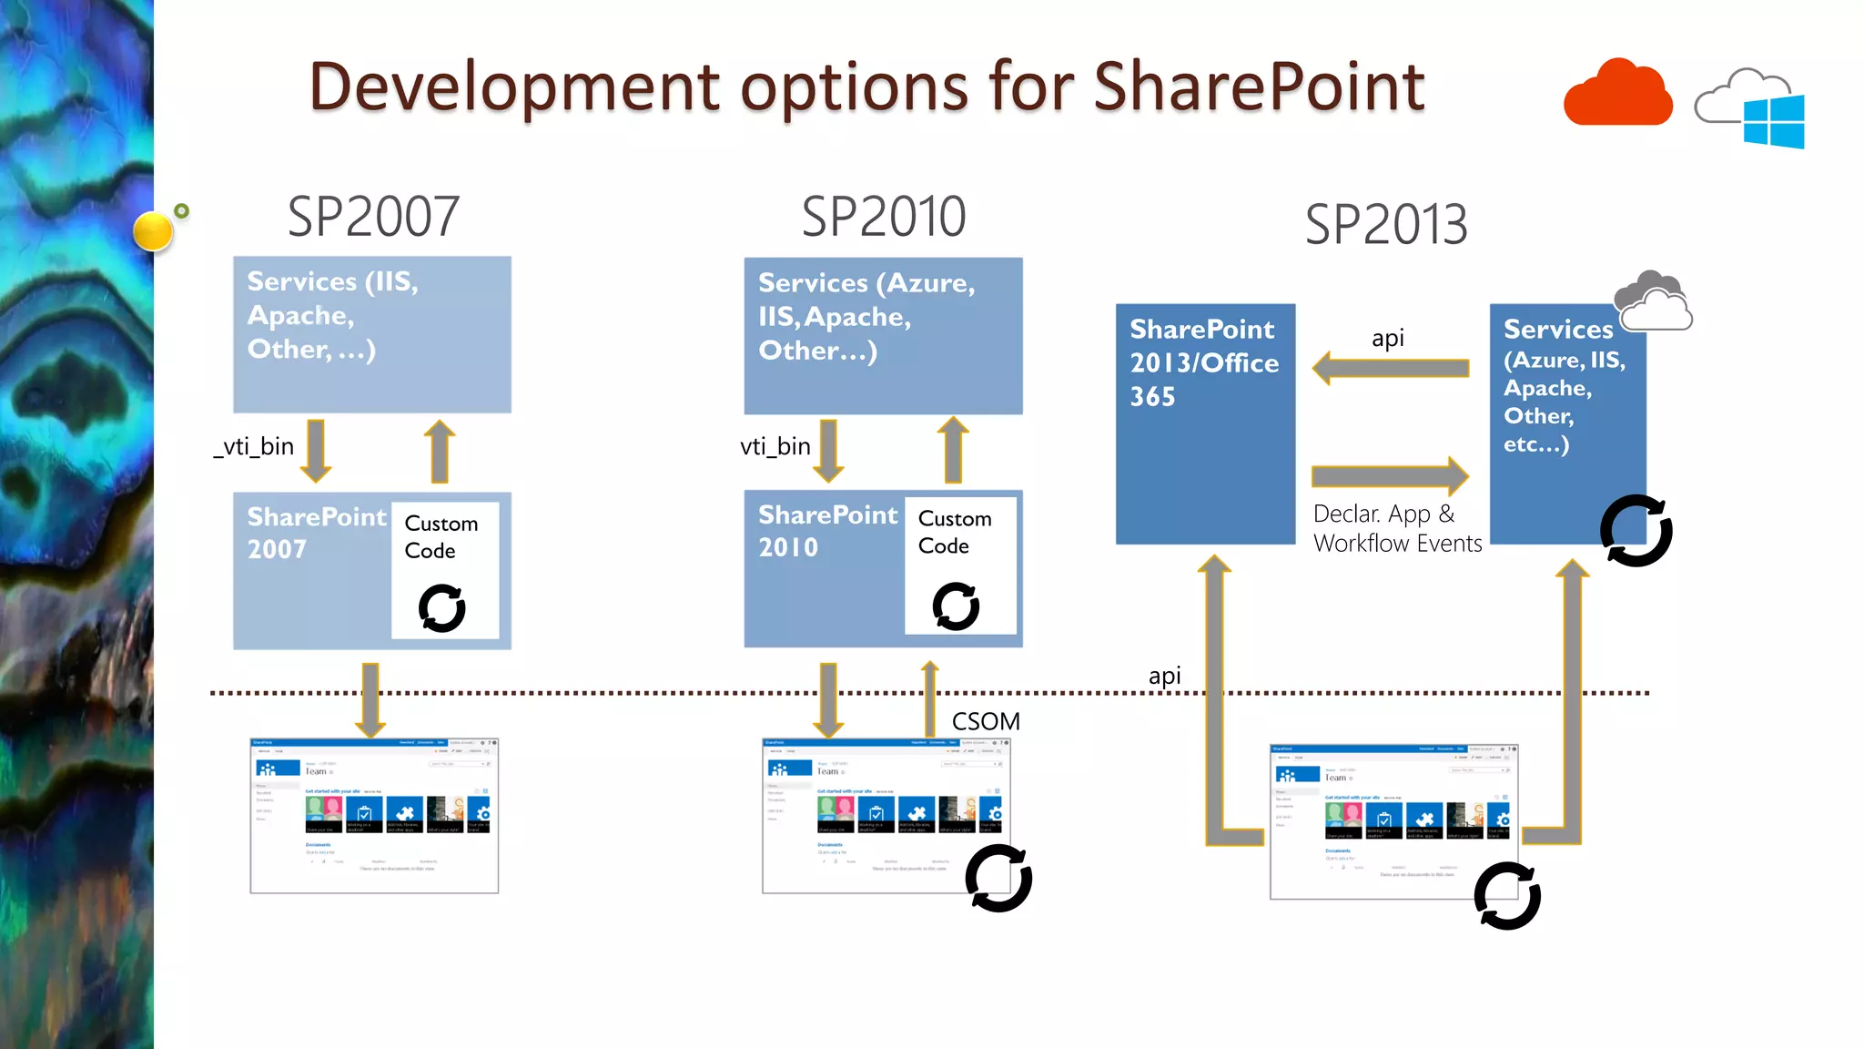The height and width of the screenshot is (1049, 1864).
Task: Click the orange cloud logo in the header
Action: (x=1617, y=95)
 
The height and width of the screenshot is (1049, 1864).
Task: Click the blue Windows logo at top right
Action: (x=1774, y=121)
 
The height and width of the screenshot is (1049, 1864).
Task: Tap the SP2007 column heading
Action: (x=373, y=217)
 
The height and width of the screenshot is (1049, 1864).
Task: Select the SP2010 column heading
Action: (x=883, y=217)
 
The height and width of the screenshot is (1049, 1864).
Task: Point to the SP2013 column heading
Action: (x=1385, y=225)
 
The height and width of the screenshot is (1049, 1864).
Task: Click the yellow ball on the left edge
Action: (x=153, y=231)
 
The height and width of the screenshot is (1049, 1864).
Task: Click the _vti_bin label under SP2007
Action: (x=254, y=446)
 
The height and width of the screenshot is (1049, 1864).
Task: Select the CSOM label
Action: (x=986, y=721)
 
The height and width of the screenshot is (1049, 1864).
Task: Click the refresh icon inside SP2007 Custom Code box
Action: (x=442, y=608)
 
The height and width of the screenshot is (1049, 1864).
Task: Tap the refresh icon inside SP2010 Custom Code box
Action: (x=956, y=606)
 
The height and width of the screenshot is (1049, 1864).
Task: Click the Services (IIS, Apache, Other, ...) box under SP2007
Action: (x=371, y=335)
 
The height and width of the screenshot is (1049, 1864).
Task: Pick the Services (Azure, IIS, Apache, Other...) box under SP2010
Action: (x=883, y=336)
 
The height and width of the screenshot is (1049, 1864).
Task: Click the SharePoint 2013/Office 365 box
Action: (x=1204, y=424)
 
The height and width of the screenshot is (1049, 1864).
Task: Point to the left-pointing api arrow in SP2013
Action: (x=1390, y=368)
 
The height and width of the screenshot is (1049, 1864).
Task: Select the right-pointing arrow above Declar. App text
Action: (x=1390, y=475)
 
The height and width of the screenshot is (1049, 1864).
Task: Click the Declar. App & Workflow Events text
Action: (x=1396, y=528)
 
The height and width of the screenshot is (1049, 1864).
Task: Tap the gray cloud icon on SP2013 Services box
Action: (x=1652, y=300)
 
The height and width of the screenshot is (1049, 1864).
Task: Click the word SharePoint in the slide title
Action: (x=1258, y=87)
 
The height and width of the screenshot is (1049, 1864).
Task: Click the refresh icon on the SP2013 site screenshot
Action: (x=1507, y=896)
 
